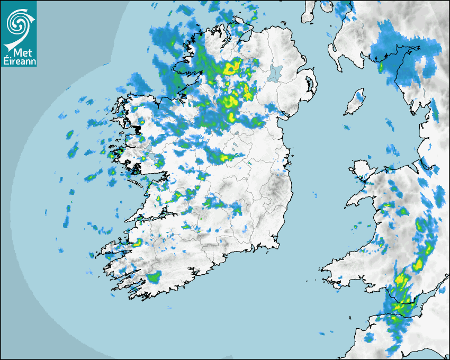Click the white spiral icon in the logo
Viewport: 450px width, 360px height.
pos(18,22)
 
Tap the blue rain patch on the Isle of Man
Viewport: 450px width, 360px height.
pos(361,96)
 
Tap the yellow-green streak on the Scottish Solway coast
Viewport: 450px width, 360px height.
pos(380,67)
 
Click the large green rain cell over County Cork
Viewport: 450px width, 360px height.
pos(154,276)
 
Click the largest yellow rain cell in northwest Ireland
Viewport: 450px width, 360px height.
pos(231,68)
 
